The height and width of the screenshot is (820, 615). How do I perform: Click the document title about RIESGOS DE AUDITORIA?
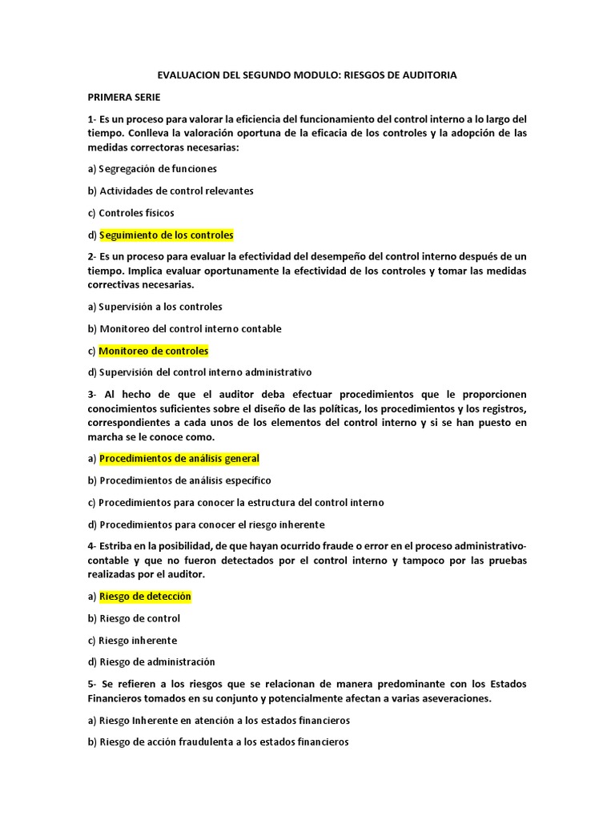[x=307, y=75]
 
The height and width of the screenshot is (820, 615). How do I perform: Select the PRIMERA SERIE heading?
[x=124, y=97]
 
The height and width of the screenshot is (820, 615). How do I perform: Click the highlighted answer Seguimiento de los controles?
[x=167, y=235]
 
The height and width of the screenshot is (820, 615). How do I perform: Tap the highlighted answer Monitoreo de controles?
[x=154, y=351]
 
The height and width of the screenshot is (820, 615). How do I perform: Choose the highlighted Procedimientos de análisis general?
[x=179, y=459]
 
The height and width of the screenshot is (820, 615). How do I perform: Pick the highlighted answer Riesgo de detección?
[x=145, y=597]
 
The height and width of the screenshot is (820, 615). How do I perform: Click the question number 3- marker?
[x=92, y=395]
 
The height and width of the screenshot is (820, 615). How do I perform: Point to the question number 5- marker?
[x=92, y=684]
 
